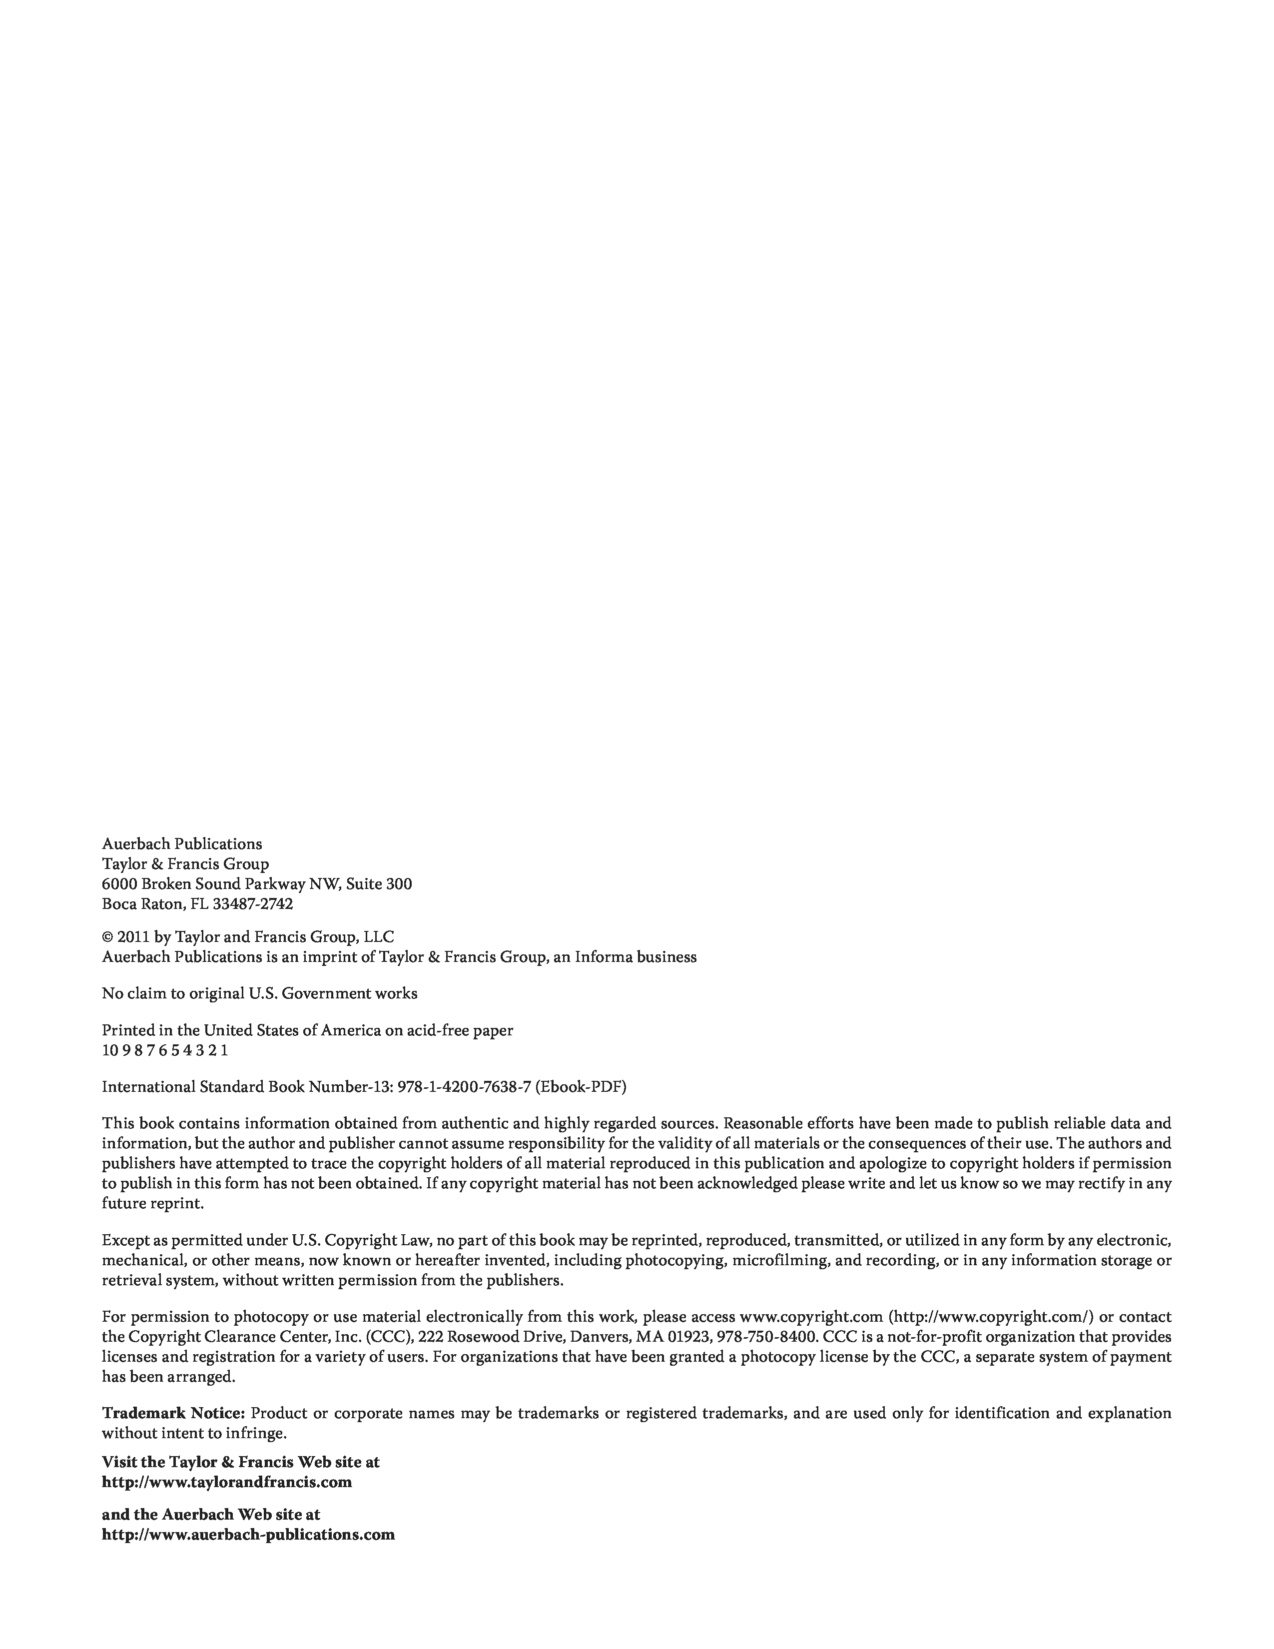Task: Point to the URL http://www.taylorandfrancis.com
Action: [226, 1482]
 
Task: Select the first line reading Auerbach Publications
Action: [182, 844]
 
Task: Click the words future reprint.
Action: [152, 1204]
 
